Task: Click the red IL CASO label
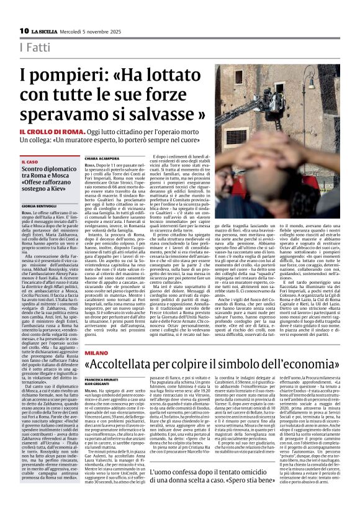[29, 162]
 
